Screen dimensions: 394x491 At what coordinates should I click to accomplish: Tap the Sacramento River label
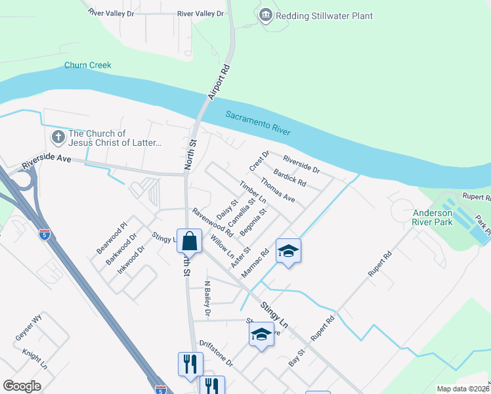[258, 123]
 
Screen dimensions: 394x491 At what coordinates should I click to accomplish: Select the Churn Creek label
[87, 65]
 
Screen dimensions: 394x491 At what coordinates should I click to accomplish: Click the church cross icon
[57, 138]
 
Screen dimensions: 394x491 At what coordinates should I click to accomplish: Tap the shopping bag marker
[189, 241]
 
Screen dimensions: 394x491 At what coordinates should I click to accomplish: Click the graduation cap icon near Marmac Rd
[288, 251]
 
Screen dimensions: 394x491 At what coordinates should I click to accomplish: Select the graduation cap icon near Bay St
[261, 335]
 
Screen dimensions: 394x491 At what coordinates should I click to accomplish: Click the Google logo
[22, 385]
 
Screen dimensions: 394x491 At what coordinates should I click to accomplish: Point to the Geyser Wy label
[28, 328]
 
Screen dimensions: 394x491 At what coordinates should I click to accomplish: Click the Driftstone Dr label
[216, 353]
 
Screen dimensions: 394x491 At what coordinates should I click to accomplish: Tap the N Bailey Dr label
[207, 299]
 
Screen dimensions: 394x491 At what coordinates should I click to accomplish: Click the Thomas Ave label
[278, 190]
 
